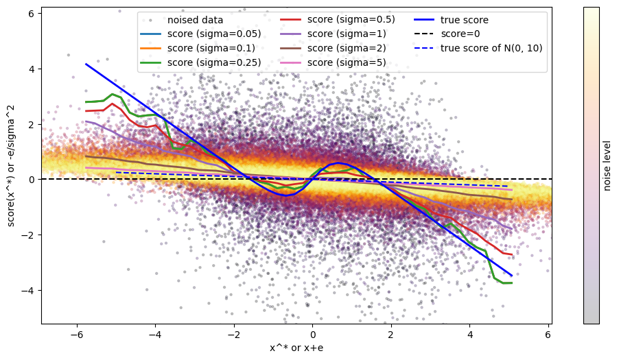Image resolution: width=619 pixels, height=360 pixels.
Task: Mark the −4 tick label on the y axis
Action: (x=30, y=290)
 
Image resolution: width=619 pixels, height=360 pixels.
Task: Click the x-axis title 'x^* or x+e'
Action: (x=296, y=348)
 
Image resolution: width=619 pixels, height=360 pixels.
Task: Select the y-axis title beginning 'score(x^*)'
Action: (x=12, y=165)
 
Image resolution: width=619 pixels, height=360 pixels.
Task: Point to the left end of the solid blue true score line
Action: (x=86, y=64)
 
